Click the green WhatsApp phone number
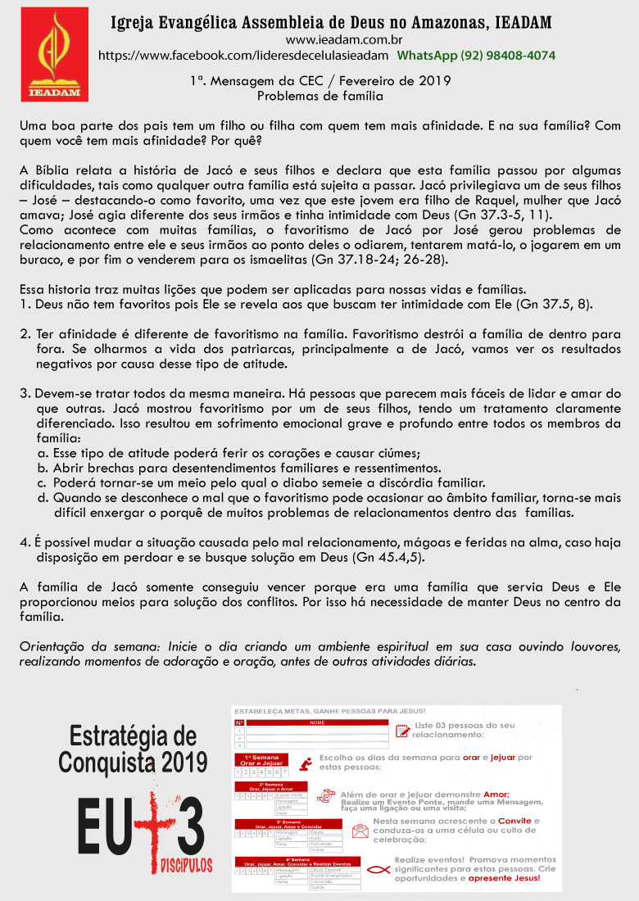(476, 56)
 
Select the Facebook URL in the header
(243, 56)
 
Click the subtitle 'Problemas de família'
(319, 96)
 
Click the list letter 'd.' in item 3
(43, 497)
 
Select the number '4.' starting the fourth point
(25, 542)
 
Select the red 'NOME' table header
(316, 722)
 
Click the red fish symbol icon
(378, 870)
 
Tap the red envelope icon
(360, 831)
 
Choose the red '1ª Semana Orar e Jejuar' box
(261, 761)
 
